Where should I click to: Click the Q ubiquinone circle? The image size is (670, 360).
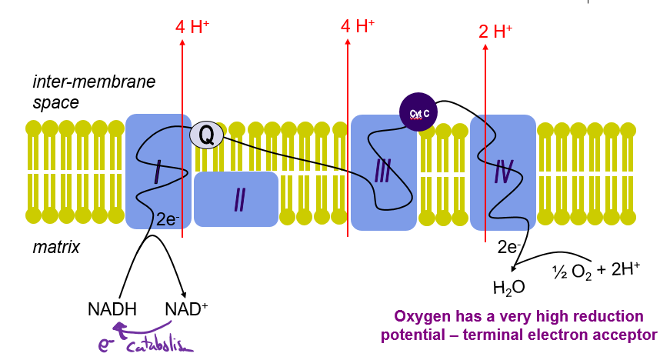[x=206, y=135]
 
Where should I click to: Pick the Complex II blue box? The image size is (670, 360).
[x=236, y=199]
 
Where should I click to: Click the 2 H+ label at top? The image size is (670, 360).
[x=495, y=32]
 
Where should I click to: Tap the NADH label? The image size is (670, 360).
[x=112, y=310]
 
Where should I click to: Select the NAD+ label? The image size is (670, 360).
[x=186, y=310]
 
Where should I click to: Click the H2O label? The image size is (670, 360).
[x=508, y=288]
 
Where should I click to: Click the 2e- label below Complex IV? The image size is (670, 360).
[x=510, y=247]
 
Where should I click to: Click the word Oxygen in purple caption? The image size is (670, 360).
[x=419, y=316]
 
